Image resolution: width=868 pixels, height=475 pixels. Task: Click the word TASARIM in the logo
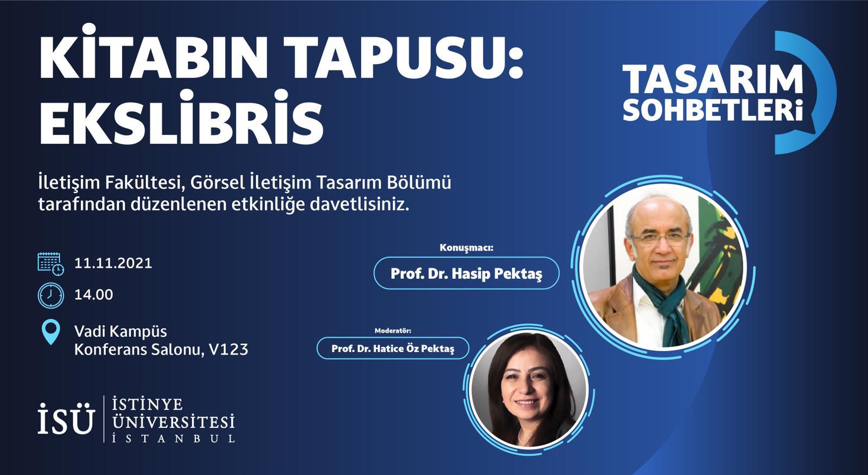tap(713, 79)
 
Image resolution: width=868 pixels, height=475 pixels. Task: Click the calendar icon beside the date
tap(51, 264)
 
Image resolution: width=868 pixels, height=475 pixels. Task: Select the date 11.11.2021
tap(113, 263)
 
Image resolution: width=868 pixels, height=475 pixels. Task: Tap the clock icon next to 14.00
tap(51, 295)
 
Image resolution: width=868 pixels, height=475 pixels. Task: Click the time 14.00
tap(94, 295)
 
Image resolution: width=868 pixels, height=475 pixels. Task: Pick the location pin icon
tap(51, 332)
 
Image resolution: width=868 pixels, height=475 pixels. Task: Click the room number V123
tap(228, 349)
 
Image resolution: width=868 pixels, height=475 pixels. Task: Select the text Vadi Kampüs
tap(120, 332)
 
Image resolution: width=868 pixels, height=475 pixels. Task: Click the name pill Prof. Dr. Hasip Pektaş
tap(467, 273)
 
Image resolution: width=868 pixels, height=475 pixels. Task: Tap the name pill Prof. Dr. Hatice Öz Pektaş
tap(393, 348)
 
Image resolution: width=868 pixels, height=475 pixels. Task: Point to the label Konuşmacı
tap(467, 248)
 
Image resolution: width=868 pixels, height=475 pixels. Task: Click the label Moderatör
tap(393, 331)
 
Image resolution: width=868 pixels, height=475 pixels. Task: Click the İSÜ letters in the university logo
tap(66, 419)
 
